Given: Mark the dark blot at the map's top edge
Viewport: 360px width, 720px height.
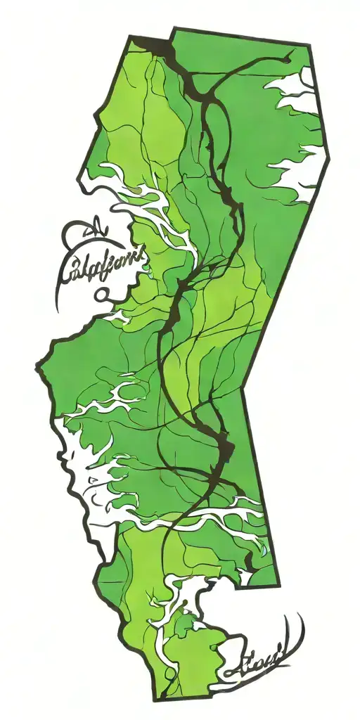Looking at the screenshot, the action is tap(158, 48).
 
